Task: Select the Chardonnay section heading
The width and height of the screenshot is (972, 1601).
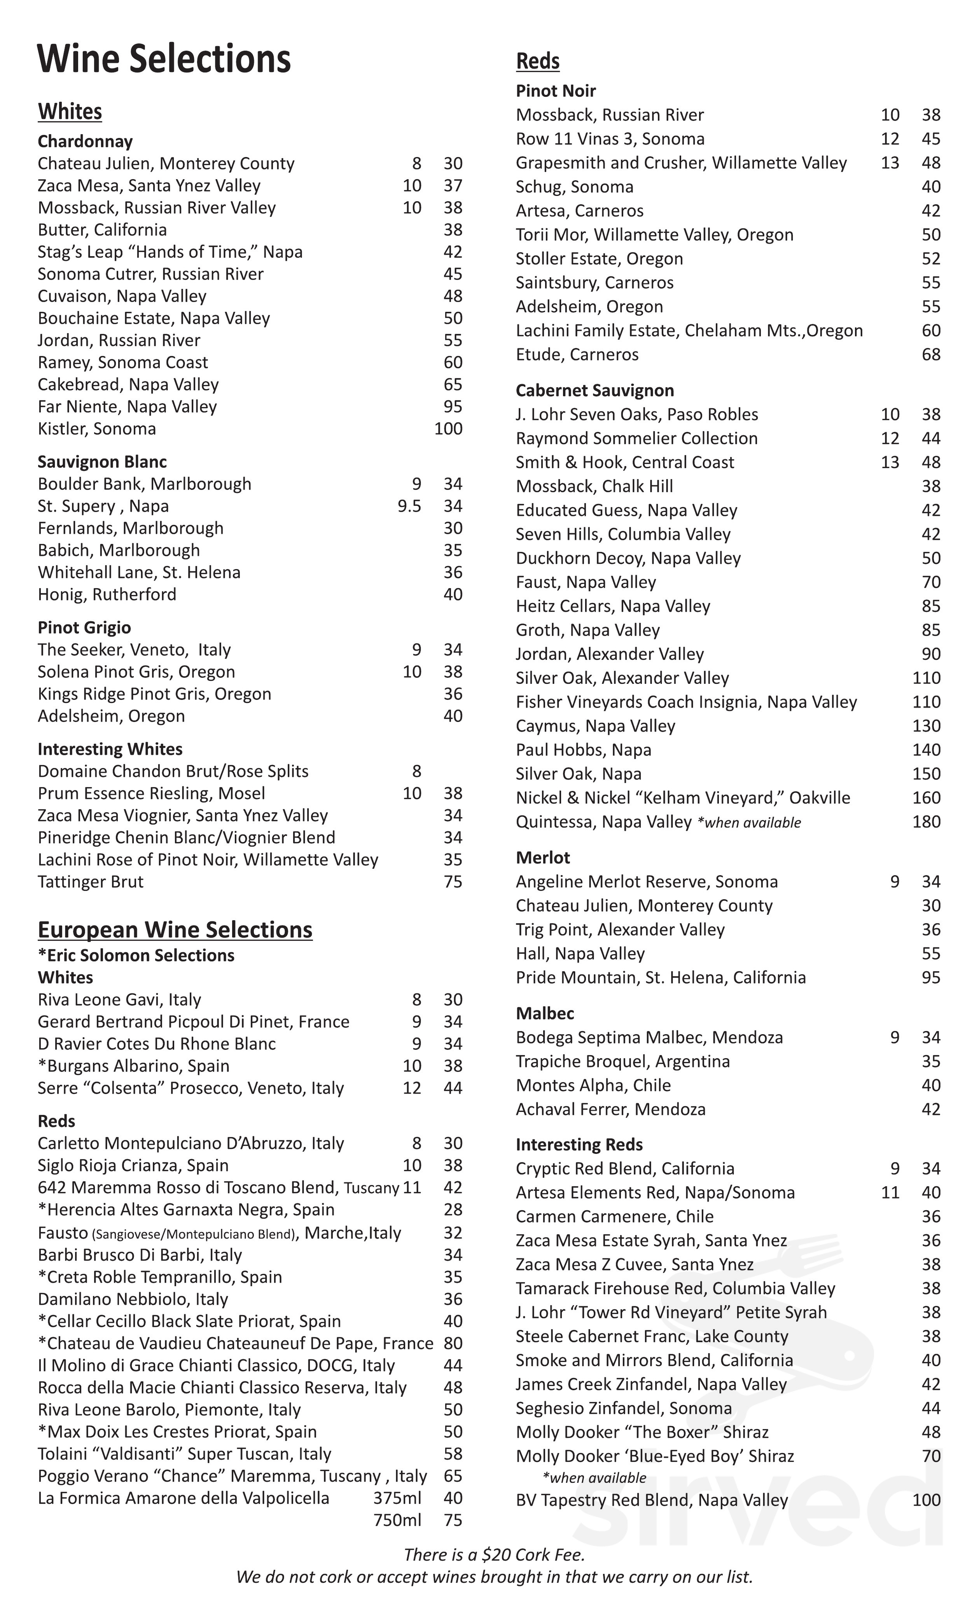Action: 85,142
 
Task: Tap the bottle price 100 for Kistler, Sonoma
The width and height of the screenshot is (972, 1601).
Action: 448,429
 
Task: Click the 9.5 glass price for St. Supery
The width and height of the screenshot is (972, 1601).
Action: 409,506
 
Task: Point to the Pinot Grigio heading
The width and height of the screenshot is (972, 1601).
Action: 84,627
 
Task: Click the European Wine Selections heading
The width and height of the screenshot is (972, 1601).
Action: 175,930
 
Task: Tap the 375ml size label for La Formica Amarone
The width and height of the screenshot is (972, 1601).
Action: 397,1498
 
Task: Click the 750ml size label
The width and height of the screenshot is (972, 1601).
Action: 397,1521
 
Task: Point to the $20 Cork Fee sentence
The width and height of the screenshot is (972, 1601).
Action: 495,1555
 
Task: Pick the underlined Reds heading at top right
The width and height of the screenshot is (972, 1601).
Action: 537,61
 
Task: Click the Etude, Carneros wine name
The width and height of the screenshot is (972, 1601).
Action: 577,355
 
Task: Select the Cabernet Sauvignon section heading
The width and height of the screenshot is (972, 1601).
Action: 594,390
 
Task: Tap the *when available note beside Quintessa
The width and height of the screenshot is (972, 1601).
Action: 749,823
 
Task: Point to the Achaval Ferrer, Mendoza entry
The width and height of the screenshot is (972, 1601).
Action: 610,1109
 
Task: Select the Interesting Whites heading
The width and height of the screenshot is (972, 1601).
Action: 110,749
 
